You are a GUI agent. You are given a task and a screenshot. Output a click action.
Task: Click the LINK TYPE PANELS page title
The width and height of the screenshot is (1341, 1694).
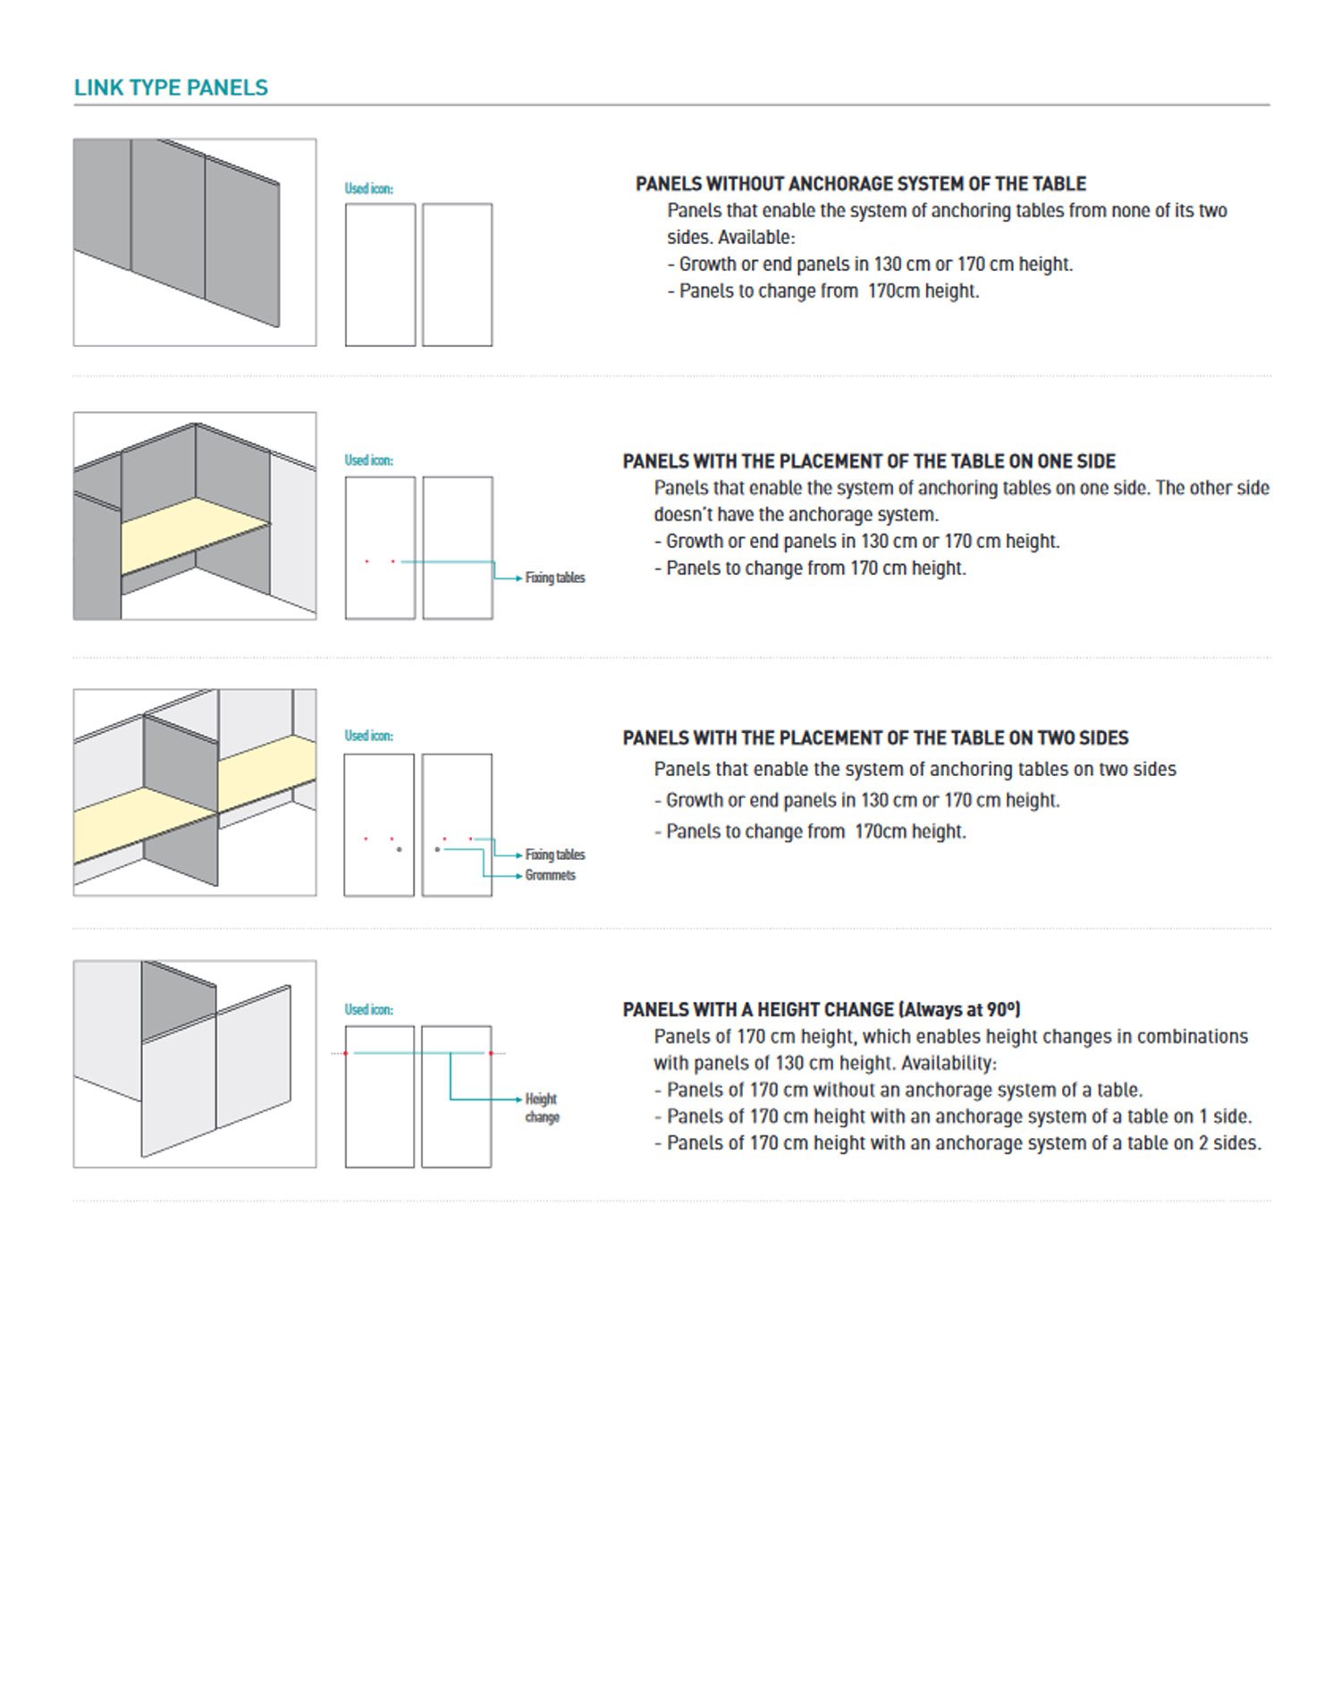pyautogui.click(x=171, y=88)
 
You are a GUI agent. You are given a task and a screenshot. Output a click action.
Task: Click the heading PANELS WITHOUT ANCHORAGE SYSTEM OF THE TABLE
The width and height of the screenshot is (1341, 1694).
pyautogui.click(x=860, y=184)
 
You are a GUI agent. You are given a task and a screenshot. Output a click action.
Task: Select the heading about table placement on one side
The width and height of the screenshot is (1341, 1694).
pyautogui.click(x=868, y=461)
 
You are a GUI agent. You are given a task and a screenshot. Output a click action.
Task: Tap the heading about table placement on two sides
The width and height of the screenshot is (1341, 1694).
pyautogui.click(x=874, y=738)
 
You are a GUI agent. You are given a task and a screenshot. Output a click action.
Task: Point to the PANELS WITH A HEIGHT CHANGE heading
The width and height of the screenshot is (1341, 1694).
pyautogui.click(x=821, y=1010)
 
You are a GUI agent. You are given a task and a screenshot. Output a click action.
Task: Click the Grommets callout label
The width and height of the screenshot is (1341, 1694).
pyautogui.click(x=550, y=875)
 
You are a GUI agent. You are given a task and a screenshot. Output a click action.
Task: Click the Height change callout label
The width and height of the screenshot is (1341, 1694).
pyautogui.click(x=542, y=1108)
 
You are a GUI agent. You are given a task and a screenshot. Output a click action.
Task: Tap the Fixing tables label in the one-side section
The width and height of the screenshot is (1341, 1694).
pyautogui.click(x=554, y=578)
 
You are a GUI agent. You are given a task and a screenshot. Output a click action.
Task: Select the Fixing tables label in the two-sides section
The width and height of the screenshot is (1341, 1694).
pyautogui.click(x=554, y=855)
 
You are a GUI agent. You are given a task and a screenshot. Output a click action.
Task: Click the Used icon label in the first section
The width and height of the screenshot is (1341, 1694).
pyautogui.click(x=368, y=189)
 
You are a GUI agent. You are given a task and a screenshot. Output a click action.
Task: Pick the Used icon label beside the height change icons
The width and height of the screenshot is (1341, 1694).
pyautogui.click(x=368, y=1009)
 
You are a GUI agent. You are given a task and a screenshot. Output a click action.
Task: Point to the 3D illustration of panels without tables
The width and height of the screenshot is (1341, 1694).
pyautogui.click(x=194, y=242)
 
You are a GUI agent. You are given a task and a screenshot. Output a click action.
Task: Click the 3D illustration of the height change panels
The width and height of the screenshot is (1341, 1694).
pyautogui.click(x=194, y=1064)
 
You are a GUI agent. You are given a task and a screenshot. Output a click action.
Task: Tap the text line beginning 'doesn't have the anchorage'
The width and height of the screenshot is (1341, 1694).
pyautogui.click(x=796, y=515)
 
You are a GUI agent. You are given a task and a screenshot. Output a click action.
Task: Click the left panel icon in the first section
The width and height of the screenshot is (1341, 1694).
pyautogui.click(x=380, y=274)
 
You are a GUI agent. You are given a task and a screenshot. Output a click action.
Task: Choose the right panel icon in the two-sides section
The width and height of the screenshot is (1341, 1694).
pyautogui.click(x=457, y=824)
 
